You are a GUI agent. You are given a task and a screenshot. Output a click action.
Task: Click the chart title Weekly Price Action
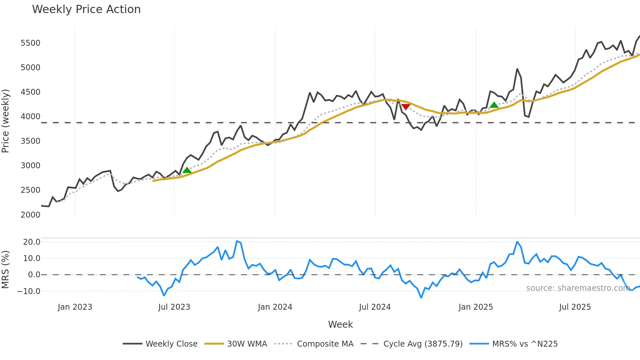click(86, 9)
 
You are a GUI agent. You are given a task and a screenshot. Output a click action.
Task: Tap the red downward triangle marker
click(406, 107)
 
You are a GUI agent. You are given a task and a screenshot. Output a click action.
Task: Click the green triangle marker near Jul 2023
click(187, 170)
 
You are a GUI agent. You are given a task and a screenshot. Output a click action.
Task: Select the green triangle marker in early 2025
click(494, 105)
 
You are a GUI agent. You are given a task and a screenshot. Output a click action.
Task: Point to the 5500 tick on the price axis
click(30, 43)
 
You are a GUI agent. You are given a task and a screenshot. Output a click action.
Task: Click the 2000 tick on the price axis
click(30, 215)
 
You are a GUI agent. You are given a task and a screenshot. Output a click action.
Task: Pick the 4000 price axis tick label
click(30, 117)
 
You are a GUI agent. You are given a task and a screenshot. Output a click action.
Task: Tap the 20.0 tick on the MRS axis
click(32, 242)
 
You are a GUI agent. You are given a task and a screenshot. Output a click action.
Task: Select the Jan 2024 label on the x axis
click(275, 307)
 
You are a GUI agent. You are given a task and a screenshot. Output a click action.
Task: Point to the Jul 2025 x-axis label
click(575, 307)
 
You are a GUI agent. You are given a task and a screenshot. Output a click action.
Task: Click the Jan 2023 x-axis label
click(75, 307)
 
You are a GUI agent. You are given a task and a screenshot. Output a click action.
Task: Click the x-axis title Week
click(340, 324)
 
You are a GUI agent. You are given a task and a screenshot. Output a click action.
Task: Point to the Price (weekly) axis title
click(6, 121)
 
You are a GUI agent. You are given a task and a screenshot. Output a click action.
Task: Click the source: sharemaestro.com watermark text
click(578, 288)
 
